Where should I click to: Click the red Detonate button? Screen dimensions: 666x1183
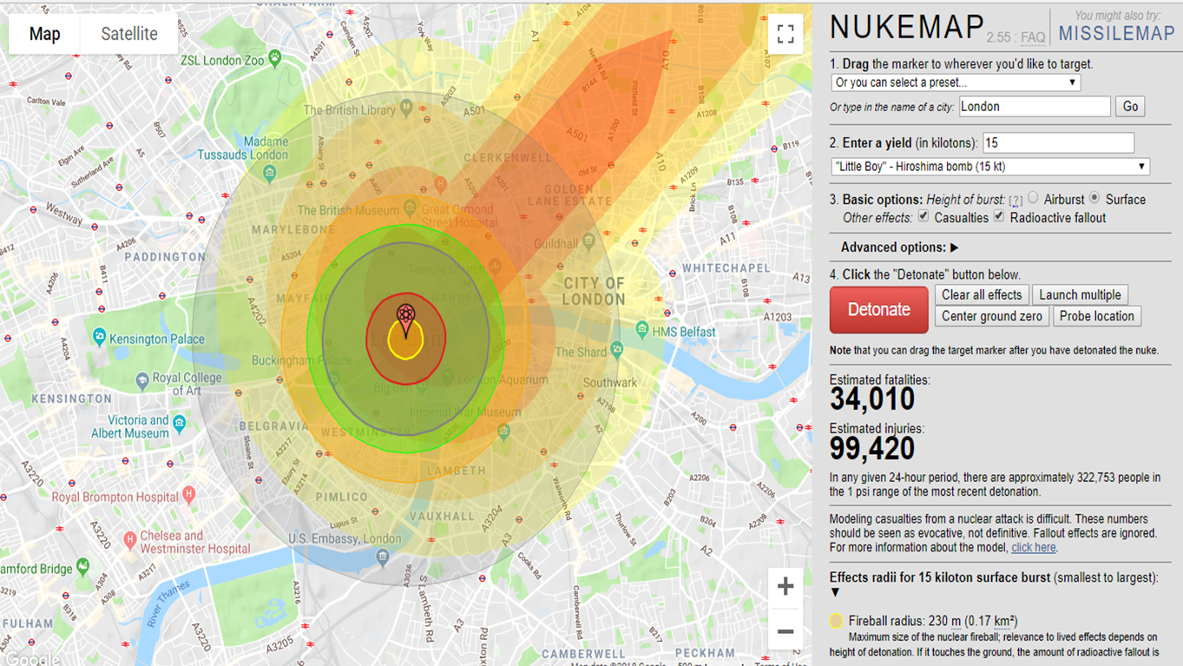tap(878, 310)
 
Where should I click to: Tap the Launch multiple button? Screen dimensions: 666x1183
tap(1080, 294)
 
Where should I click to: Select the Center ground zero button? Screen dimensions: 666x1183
tap(991, 316)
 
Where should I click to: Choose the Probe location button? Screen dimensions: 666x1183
tap(1096, 316)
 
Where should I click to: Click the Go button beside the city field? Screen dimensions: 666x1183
tap(1130, 107)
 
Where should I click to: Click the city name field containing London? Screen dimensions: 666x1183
tap(1034, 107)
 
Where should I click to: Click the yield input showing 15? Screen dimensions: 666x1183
tap(1057, 142)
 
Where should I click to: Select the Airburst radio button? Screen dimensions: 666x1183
tap(1033, 198)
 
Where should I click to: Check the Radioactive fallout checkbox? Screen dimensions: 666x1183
tap(999, 216)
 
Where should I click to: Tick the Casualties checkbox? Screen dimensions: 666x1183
tap(923, 216)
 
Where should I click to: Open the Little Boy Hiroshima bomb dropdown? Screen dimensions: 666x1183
tap(990, 167)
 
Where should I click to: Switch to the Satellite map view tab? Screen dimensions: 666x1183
tap(129, 35)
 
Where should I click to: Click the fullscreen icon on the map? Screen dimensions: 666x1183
tap(785, 35)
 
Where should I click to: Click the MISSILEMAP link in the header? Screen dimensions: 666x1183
tap(1116, 34)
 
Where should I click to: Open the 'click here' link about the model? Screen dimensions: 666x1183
tap(1033, 548)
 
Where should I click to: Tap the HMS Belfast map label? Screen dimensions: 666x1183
tap(685, 332)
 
